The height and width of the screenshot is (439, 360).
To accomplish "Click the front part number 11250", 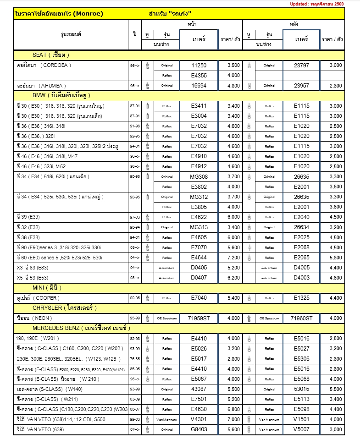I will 199,66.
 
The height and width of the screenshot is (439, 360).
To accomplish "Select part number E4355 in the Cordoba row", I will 199,76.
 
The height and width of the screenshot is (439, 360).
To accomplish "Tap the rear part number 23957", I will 301,86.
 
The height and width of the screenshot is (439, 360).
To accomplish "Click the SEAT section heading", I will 50,55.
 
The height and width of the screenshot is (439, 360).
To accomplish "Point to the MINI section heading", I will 46,288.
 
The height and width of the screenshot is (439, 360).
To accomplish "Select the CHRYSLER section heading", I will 64,308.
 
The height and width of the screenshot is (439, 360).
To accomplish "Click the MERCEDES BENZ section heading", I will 81,328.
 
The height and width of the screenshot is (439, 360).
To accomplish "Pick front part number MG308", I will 199,176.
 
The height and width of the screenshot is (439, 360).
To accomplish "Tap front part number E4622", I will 199,217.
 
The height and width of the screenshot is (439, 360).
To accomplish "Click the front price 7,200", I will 233,258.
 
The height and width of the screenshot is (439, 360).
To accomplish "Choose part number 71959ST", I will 199,318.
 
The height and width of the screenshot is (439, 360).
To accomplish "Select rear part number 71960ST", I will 301,318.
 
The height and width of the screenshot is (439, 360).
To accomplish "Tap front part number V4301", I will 199,419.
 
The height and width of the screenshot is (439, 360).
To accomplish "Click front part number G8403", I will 199,429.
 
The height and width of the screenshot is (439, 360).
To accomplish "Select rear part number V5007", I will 301,429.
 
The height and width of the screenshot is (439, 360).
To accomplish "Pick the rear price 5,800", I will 336,258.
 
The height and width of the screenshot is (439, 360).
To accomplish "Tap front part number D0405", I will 199,268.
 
